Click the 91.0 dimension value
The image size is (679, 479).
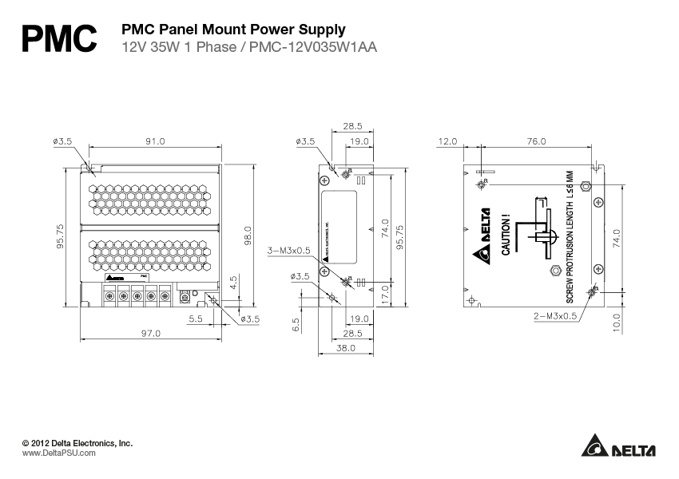coord(154,141)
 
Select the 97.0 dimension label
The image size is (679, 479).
coord(151,333)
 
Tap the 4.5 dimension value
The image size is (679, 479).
coord(232,283)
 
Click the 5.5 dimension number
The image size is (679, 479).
coord(196,319)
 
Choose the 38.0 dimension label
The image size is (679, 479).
coord(346,349)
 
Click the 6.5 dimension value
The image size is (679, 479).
coord(296,326)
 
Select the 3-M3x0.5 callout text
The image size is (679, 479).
coord(288,251)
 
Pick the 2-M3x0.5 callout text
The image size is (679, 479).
coord(555,315)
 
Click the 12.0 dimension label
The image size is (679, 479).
coord(448,141)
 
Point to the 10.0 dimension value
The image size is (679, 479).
coord(616,322)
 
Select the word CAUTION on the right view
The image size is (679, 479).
coord(505,236)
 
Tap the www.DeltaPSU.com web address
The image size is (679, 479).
coord(58,453)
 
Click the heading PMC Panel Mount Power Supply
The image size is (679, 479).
coord(232,30)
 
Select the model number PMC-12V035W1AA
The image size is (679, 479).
coord(312,46)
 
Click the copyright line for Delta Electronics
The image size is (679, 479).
coord(77,442)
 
